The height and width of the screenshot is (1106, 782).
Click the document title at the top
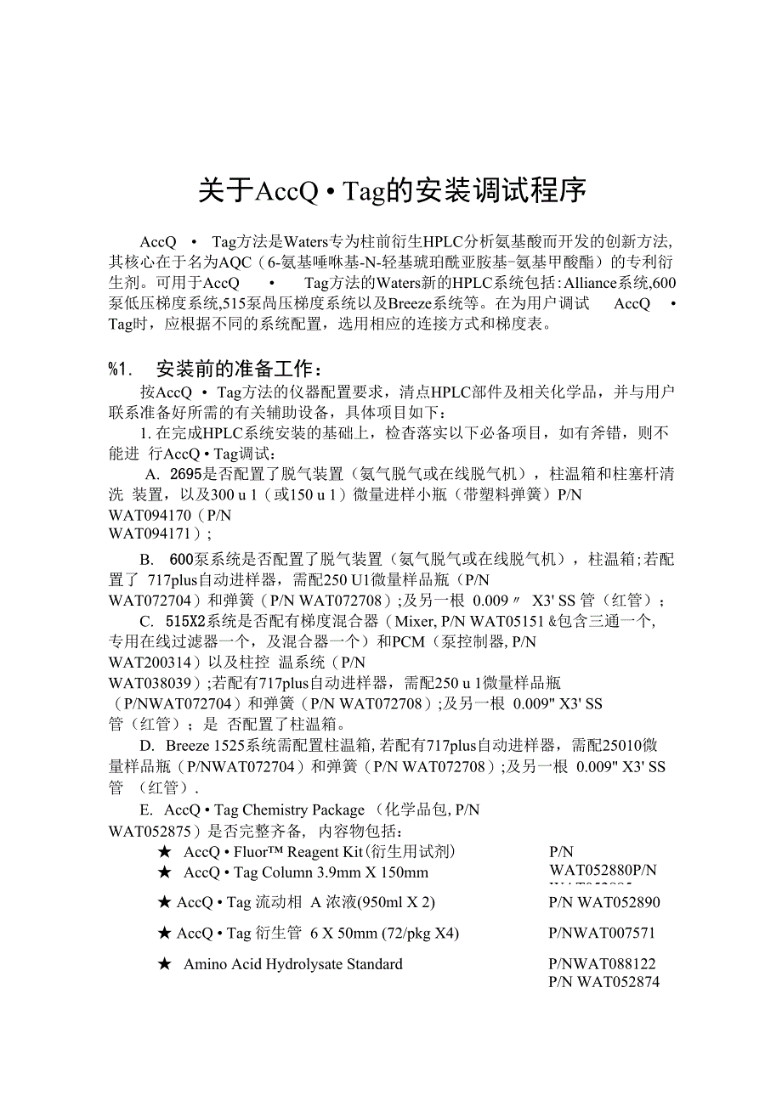[x=392, y=190]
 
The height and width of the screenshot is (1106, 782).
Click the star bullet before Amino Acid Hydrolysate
[x=165, y=964]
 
